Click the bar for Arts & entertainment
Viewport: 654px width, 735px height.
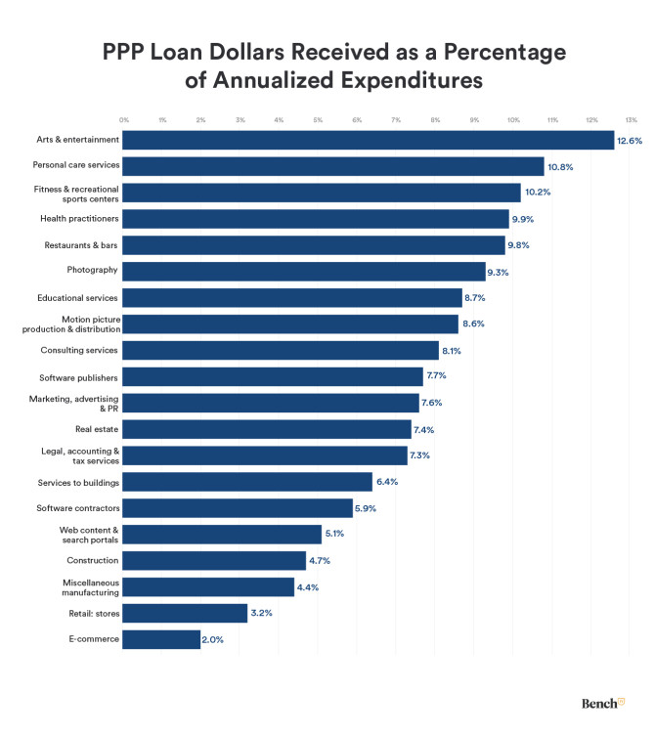369,140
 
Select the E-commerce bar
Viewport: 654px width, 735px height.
161,639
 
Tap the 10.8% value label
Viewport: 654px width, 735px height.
559,166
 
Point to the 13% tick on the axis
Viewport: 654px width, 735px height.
632,120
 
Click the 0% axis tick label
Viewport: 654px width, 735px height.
124,120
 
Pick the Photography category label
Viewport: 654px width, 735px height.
94,271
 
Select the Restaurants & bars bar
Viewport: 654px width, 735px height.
314,245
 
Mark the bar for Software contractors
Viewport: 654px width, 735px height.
238,508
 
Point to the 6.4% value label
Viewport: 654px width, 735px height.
389,482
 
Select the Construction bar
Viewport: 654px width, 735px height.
214,561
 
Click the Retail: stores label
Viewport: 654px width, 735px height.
90,613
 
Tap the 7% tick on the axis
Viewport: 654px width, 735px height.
396,120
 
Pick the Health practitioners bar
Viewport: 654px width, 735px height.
316,219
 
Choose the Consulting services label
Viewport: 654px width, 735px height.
79,350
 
